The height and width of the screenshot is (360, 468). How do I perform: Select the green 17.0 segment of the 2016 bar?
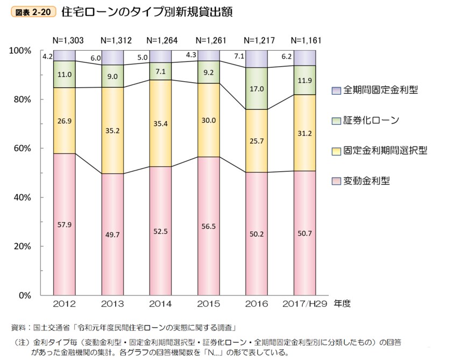click(x=257, y=89)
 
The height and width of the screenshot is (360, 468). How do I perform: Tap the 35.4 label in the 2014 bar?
click(x=161, y=123)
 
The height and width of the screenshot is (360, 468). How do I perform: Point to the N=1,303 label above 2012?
click(x=65, y=40)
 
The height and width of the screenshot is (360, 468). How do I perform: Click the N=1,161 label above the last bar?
click(x=306, y=40)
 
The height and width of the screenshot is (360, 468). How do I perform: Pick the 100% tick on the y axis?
click(x=20, y=51)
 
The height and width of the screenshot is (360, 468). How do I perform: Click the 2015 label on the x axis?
click(x=209, y=304)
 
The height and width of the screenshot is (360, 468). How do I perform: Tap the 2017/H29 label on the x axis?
click(x=306, y=304)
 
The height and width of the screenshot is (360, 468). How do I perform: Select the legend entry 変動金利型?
click(x=366, y=181)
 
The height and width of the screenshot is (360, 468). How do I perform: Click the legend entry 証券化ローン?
click(x=371, y=120)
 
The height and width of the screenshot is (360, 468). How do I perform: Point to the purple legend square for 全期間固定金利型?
click(x=336, y=90)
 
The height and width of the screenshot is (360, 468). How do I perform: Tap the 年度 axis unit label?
click(x=342, y=304)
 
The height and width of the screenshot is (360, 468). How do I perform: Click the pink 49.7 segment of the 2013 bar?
click(x=112, y=234)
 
